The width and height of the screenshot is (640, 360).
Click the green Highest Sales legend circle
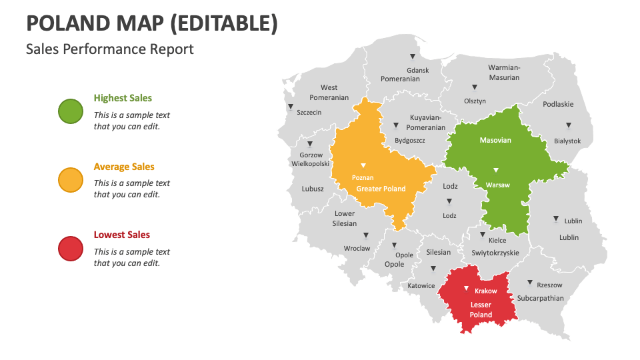(71, 111)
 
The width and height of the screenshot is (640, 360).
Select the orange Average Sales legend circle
(71, 180)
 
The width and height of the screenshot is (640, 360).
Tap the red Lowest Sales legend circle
(71, 249)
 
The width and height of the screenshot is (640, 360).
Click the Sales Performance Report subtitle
(110, 49)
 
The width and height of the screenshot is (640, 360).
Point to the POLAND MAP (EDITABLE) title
(152, 23)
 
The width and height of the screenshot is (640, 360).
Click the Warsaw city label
(497, 185)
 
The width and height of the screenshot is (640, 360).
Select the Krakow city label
(485, 291)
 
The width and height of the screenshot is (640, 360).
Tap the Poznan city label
(363, 178)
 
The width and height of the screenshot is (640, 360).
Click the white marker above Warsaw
(495, 170)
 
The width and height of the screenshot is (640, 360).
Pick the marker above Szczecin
(290, 107)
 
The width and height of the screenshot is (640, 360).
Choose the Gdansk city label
(417, 69)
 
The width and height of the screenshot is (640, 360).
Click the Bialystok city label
(567, 141)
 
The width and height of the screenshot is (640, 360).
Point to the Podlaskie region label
(558, 104)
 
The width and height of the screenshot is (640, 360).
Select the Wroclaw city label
(357, 248)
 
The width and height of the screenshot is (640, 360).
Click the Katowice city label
(421, 285)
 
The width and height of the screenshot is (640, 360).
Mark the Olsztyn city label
(475, 101)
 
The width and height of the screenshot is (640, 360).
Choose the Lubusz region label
(313, 189)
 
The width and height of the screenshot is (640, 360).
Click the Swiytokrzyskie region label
(495, 253)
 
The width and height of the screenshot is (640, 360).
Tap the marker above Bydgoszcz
(395, 125)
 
